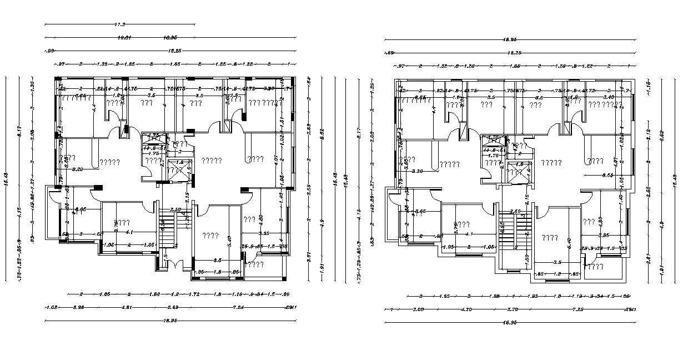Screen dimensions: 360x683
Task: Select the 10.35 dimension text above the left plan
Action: coord(170,38)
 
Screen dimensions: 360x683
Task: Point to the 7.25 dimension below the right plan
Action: coord(577,309)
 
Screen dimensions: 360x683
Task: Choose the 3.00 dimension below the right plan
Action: coord(418,309)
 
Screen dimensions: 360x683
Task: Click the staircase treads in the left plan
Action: coord(167,228)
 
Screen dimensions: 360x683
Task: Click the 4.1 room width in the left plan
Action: coord(129,232)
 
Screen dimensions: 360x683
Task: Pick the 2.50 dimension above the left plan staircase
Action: coord(175,210)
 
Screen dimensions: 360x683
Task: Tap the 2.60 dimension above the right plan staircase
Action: coord(515,212)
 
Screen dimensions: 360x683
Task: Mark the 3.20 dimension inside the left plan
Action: coord(78,169)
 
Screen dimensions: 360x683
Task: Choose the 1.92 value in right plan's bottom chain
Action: coord(532,297)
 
